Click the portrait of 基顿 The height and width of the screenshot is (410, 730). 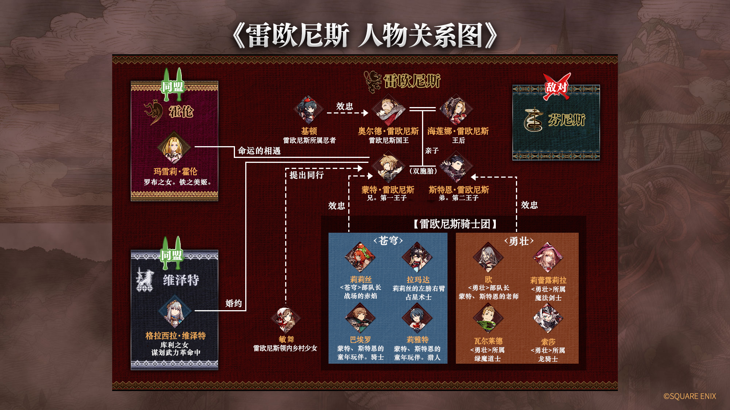click(308, 110)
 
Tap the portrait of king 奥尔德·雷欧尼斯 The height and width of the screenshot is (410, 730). click(388, 110)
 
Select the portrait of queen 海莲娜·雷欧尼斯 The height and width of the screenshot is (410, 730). click(456, 110)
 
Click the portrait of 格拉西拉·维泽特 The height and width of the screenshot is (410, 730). click(175, 312)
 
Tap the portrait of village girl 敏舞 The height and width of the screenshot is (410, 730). click(286, 319)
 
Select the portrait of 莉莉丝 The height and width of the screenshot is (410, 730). click(360, 257)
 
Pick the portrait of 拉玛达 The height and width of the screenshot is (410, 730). click(417, 257)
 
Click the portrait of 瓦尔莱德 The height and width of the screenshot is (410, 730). click(488, 319)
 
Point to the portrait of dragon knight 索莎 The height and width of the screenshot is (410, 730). click(548, 319)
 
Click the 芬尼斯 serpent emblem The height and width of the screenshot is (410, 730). click(533, 120)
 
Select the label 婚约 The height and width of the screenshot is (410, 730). click(233, 303)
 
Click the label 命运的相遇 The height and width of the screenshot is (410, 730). click(259, 151)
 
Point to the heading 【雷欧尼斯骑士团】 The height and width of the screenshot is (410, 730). click(455, 224)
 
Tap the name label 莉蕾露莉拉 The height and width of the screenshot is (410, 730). click(548, 280)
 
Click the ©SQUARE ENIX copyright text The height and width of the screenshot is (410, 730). click(690, 396)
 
